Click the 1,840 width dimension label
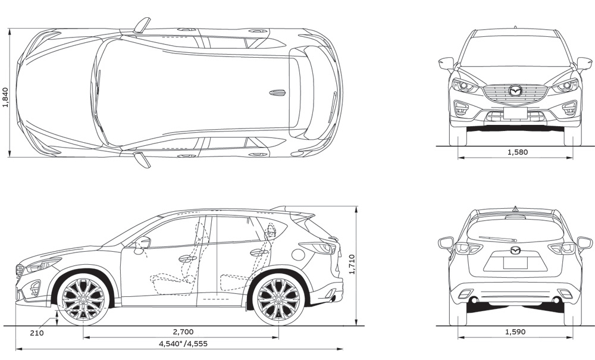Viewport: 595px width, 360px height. (6, 97)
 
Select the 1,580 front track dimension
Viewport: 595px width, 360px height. (517, 152)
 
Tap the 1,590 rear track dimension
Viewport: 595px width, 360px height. (515, 331)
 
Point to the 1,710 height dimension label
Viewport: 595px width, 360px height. (352, 264)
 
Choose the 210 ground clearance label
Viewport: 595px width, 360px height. (36, 333)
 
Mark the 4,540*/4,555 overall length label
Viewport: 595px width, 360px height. (183, 343)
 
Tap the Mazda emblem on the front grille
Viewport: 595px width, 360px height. (515, 91)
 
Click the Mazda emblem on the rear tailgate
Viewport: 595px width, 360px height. (515, 249)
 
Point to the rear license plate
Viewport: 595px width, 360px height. (515, 262)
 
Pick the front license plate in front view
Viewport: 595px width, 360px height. (515, 113)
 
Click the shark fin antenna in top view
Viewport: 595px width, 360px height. (277, 93)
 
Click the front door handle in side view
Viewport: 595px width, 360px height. (187, 259)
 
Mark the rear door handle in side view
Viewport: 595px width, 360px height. (259, 252)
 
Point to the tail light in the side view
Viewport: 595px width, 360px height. (318, 247)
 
